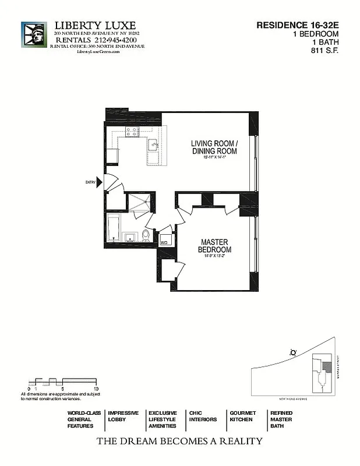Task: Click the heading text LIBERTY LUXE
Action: [x=95, y=26]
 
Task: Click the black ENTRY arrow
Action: [x=100, y=183]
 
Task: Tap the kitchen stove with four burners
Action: [x=131, y=132]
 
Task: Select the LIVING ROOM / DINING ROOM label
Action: [x=214, y=147]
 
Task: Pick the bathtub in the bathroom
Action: [x=114, y=227]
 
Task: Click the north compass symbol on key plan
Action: [x=292, y=352]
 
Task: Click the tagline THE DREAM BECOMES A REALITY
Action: [x=179, y=441]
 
